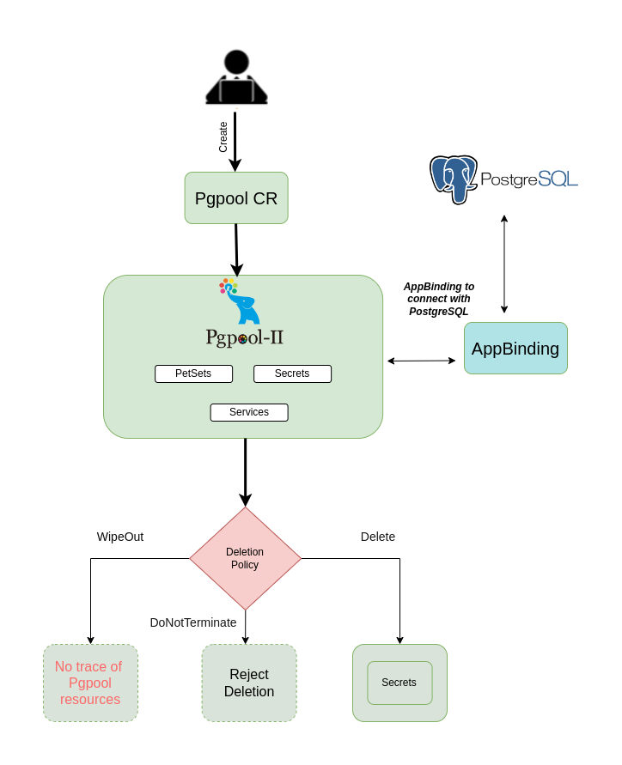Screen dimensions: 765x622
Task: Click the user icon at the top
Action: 236,78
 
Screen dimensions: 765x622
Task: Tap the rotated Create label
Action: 223,137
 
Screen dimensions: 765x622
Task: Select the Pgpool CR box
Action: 236,198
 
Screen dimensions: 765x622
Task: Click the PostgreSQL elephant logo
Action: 454,179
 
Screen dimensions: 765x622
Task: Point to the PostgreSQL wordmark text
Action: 528,179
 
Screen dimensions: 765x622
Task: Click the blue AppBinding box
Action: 515,349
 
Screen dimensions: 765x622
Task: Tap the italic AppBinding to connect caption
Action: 439,299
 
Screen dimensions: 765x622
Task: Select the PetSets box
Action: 193,373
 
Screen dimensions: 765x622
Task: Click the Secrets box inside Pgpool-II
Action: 292,373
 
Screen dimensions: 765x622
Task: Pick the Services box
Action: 249,412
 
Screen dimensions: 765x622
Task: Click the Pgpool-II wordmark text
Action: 245,337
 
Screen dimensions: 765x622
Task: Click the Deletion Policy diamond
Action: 245,558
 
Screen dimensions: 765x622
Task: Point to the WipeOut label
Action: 120,537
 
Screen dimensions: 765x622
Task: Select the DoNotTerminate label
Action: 193,622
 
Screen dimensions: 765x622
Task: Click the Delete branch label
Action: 378,537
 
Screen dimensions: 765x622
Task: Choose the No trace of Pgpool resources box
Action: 90,683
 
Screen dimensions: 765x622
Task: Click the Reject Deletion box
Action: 249,683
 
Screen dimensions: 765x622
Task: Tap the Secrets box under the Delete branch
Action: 399,683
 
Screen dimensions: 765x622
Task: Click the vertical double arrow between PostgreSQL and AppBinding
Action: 504,264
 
